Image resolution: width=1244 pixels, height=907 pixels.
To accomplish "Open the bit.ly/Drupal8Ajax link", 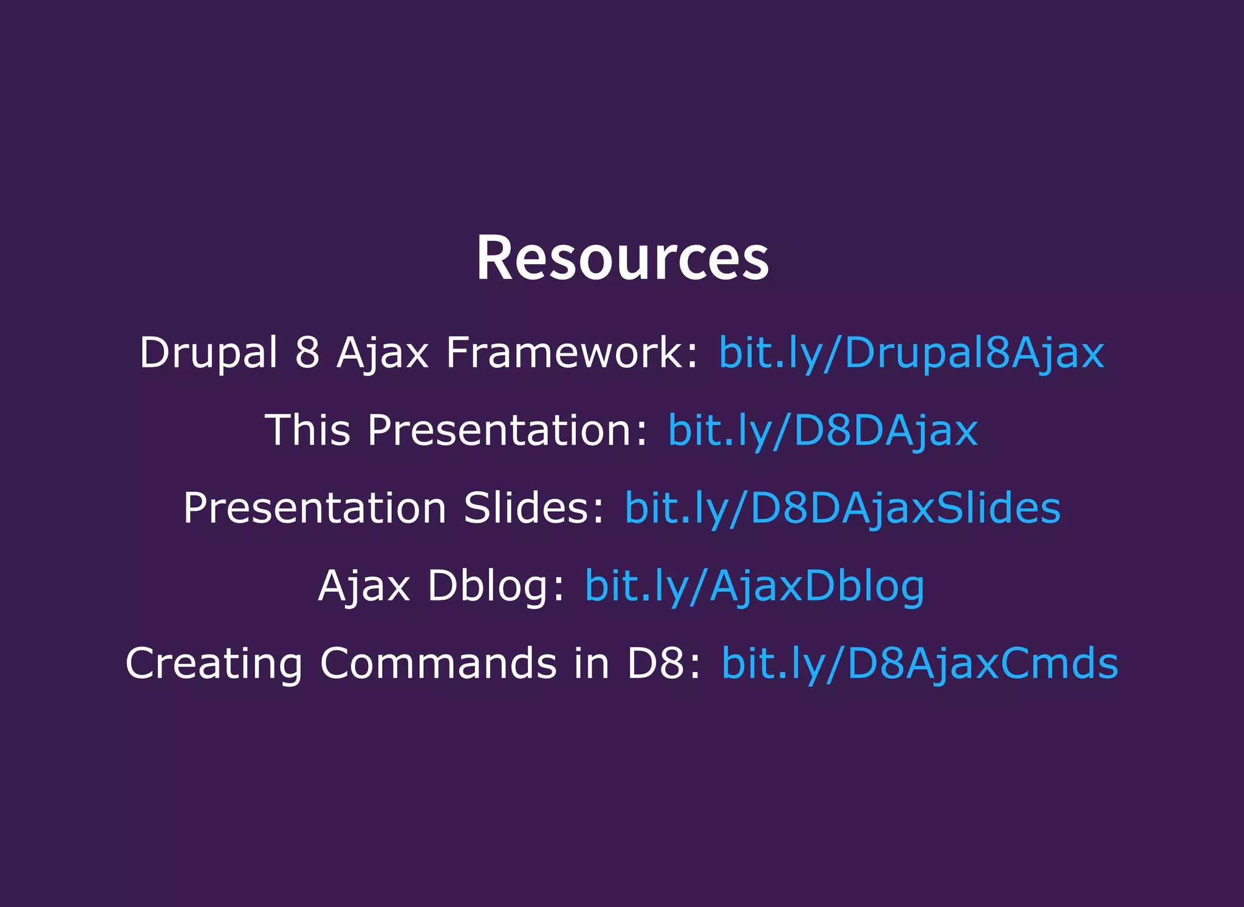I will (x=911, y=353).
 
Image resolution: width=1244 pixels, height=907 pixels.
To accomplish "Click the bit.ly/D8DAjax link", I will (x=823, y=430).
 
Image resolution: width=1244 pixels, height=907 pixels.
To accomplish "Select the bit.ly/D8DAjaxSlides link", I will (x=842, y=508).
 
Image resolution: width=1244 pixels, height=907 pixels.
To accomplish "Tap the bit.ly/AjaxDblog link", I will (x=754, y=586).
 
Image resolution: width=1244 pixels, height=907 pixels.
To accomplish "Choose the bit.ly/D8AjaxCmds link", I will (x=920, y=664).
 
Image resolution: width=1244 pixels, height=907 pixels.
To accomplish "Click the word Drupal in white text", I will (x=208, y=353).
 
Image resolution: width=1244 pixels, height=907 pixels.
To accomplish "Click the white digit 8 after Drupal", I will (x=307, y=353).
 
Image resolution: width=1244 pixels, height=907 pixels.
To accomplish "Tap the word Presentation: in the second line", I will (x=508, y=430).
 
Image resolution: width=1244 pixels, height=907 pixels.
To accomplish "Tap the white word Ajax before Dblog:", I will (x=364, y=586).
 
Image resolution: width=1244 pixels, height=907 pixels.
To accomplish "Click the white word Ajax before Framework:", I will (x=383, y=353).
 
